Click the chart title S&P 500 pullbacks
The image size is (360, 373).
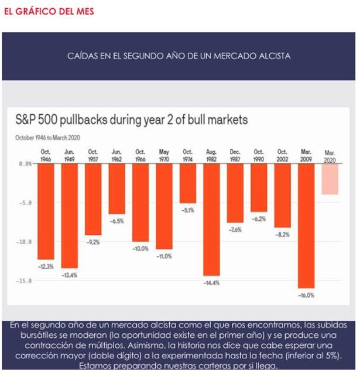(x=132, y=120)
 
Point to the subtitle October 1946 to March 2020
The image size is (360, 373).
(x=47, y=138)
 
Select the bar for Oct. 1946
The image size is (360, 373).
(x=46, y=211)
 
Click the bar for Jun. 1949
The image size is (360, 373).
(x=69, y=216)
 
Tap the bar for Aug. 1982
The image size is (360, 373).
(x=211, y=220)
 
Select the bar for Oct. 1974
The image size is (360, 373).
(x=188, y=184)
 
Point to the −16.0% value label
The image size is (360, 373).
(x=306, y=296)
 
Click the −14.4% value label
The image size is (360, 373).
(x=211, y=283)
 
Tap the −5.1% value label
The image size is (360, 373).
(x=188, y=210)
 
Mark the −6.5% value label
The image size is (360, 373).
(x=116, y=221)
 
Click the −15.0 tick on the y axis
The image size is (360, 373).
(x=24, y=281)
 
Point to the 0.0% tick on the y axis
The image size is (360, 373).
(x=24, y=164)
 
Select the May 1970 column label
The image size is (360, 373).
(x=164, y=155)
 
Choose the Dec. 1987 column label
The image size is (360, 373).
(x=235, y=155)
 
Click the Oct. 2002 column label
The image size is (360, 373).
(x=282, y=155)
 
